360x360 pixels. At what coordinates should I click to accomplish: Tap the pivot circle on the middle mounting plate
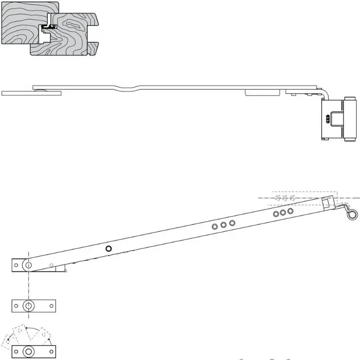click(x=29, y=305)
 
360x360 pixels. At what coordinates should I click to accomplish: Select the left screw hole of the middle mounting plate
click(x=16, y=305)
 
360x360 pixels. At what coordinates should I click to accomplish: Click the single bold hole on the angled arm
click(x=108, y=248)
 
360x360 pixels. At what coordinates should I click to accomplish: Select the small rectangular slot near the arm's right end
click(x=326, y=203)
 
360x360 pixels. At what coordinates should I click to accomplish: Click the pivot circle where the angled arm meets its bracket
click(x=28, y=264)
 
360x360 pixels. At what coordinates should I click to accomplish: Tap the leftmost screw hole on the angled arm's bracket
click(x=16, y=264)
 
